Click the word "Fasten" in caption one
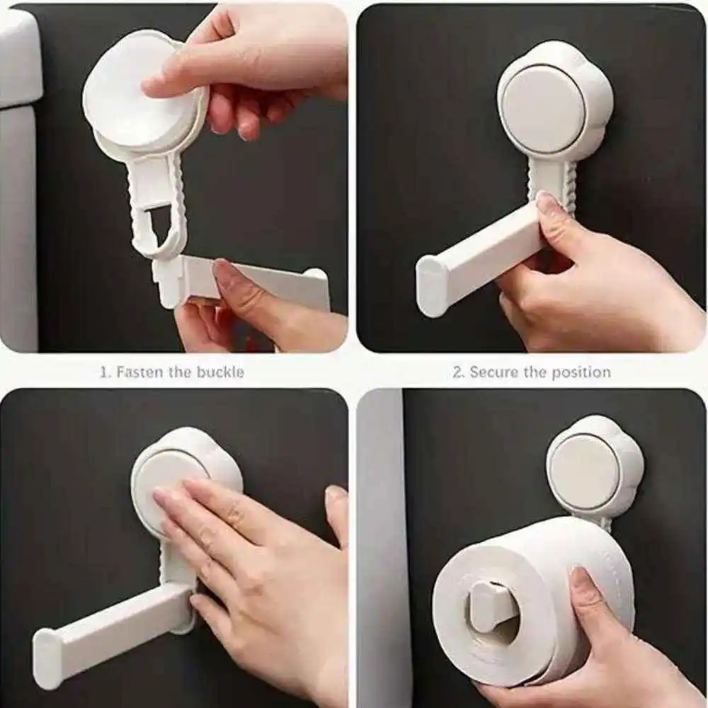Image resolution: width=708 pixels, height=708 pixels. [140, 372]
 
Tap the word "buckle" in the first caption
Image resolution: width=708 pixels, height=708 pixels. [220, 372]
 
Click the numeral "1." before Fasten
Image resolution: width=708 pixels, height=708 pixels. [105, 372]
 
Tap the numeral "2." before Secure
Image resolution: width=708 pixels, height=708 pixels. [458, 372]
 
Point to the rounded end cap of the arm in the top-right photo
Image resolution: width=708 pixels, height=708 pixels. [432, 285]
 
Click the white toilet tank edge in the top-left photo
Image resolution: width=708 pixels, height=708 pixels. [18, 181]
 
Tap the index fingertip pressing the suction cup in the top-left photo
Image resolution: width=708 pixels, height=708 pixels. [156, 85]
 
